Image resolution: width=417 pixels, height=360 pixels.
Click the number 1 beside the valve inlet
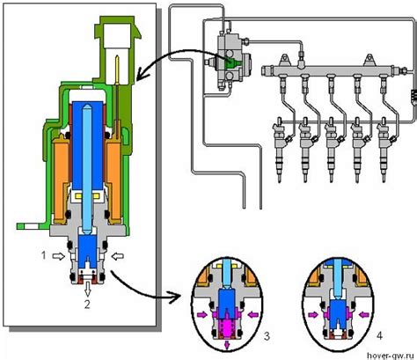point(43,255)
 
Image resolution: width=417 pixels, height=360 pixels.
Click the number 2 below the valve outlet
point(87,305)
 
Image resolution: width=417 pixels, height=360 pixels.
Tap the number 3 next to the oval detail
point(267,336)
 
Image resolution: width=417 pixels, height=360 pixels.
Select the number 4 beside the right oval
point(379,335)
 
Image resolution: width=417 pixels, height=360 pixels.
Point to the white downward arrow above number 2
point(87,290)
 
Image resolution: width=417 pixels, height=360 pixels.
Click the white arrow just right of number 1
point(59,256)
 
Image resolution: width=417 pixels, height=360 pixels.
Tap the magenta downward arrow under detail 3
point(227,345)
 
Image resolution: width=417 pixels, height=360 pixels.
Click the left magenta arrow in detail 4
point(314,314)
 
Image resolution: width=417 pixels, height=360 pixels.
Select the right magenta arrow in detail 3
point(253,315)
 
